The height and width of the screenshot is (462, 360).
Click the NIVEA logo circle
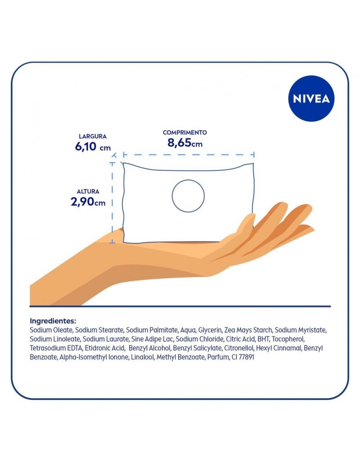point(312,98)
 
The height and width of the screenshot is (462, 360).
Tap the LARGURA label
point(92,136)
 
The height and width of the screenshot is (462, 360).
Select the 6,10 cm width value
point(93,146)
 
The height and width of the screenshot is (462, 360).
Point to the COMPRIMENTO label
point(185,133)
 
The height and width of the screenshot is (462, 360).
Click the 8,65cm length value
point(185,143)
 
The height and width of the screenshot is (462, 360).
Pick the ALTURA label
point(88,192)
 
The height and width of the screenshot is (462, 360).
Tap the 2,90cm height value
point(88,202)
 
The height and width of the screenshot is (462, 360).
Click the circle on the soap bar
point(172,196)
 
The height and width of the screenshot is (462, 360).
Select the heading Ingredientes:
point(53,321)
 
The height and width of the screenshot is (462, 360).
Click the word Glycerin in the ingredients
point(210,330)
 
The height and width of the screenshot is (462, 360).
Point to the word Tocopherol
point(288,339)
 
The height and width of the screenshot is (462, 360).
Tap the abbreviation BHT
point(264,339)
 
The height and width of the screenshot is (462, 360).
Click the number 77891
point(246,357)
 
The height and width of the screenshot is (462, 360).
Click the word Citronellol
point(239,348)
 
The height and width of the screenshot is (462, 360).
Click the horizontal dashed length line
point(189,155)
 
